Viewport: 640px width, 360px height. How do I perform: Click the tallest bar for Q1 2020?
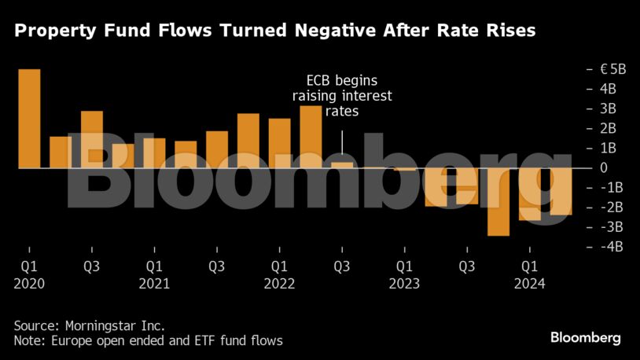29,119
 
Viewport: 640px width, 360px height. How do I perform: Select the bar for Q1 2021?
154,153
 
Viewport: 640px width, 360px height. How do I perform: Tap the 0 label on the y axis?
603,167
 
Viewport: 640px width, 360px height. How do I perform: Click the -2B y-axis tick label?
611,207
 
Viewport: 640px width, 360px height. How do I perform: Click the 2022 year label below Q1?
279,284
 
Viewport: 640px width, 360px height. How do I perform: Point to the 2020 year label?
29,284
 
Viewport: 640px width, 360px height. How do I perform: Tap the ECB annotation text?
342,96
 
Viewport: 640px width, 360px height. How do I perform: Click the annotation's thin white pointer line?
342,142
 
